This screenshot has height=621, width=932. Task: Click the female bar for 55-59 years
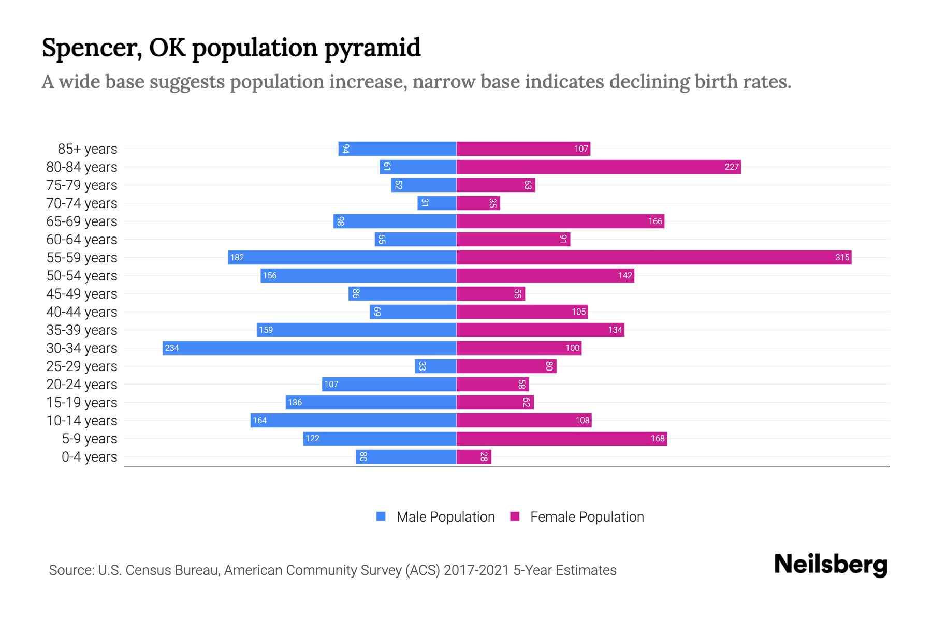tap(653, 257)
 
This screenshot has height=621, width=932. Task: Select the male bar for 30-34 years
tap(309, 348)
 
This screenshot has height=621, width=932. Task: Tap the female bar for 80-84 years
tap(598, 167)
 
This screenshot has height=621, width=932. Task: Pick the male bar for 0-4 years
tap(406, 456)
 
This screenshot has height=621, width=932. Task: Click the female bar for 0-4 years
tap(473, 456)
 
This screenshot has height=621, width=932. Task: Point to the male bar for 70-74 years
tap(436, 203)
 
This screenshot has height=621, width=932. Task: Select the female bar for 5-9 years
tap(561, 438)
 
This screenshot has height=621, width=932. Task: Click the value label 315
tap(842, 257)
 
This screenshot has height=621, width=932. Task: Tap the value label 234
tap(172, 348)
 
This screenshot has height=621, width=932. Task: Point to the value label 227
tap(731, 167)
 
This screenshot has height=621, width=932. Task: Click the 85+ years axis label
tap(88, 149)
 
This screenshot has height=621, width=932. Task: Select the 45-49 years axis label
tap(82, 294)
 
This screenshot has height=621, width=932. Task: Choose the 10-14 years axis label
tap(82, 421)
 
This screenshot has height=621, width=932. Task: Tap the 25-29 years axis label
tap(82, 366)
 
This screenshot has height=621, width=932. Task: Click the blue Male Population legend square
tap(381, 516)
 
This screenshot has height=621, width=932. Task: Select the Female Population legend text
tap(587, 516)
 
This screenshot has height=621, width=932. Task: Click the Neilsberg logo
tap(831, 565)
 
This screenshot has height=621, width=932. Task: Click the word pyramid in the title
tap(372, 48)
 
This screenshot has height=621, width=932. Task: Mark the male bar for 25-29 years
tap(435, 366)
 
